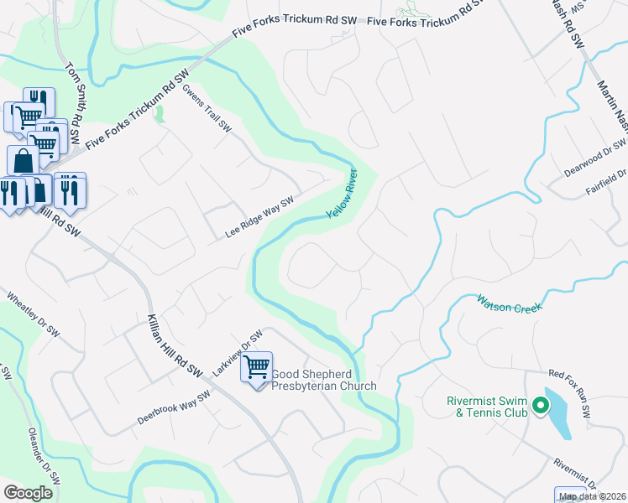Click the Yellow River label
click(x=341, y=194)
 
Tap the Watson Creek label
click(x=510, y=303)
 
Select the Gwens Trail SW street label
click(x=207, y=109)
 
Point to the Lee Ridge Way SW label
click(x=259, y=217)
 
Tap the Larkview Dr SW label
click(x=238, y=353)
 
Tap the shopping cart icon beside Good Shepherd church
click(x=257, y=366)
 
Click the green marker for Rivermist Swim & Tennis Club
click(x=540, y=407)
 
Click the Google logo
click(x=28, y=492)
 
